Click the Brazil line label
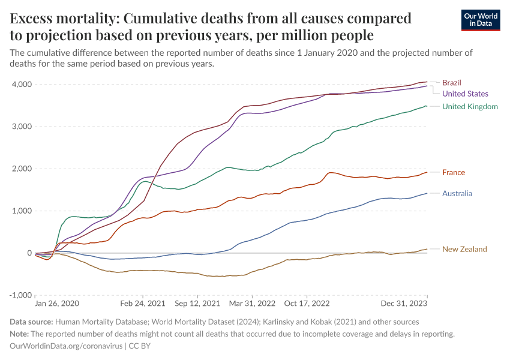pos(451,82)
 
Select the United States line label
pos(465,94)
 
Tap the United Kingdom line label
pos(470,107)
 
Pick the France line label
pos(454,173)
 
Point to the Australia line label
pos(457,193)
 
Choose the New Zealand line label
pos(464,249)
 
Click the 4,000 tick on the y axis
pos(21,85)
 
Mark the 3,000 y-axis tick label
pos(21,127)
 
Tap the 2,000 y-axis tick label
pos(21,169)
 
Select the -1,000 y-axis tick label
pos(20,295)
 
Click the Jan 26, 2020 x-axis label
pos(57,304)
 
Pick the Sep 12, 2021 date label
pos(197,304)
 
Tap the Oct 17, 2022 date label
pos(307,304)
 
